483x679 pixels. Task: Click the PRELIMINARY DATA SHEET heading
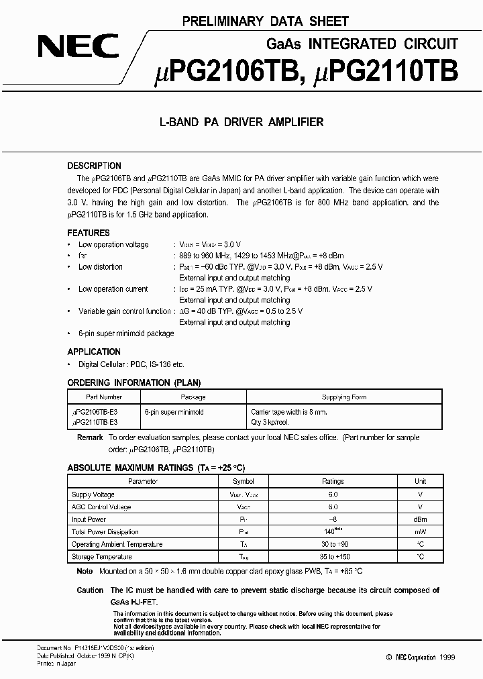click(x=266, y=22)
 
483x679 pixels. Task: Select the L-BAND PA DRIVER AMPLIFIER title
click(x=241, y=122)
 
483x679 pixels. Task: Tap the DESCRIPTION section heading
click(x=94, y=166)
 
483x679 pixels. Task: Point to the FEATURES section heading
click(x=89, y=233)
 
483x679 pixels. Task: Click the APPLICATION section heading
click(x=94, y=352)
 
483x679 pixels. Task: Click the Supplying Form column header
click(x=344, y=397)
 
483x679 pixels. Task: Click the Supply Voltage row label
click(x=93, y=494)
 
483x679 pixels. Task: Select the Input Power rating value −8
click(x=333, y=519)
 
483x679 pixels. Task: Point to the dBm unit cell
click(x=420, y=519)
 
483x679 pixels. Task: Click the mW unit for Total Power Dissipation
click(x=420, y=532)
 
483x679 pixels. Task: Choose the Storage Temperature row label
click(x=102, y=557)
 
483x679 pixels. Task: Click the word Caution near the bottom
click(x=90, y=590)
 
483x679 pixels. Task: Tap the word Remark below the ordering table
click(x=90, y=437)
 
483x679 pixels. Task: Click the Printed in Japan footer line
click(x=56, y=664)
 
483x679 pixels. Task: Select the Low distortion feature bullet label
click(x=101, y=267)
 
